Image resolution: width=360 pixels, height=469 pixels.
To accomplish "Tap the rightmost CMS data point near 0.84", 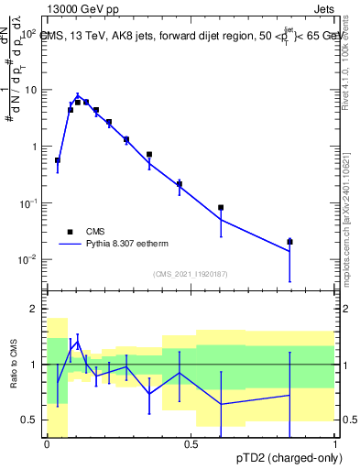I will (289, 242).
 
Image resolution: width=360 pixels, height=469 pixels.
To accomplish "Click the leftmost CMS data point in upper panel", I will (58, 160).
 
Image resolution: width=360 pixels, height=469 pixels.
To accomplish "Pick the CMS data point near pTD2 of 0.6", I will (221, 208).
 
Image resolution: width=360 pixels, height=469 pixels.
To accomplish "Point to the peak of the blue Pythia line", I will (78, 94).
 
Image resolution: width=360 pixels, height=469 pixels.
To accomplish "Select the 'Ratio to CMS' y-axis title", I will (15, 365).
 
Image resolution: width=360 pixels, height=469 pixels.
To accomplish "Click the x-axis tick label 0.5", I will (191, 444).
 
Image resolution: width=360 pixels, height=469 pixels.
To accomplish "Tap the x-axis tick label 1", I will (335, 444).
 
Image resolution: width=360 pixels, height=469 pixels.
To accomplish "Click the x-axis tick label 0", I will (47, 444).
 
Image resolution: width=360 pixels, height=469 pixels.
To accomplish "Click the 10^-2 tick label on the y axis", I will (27, 260).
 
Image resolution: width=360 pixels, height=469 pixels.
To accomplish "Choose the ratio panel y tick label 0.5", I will (30, 420).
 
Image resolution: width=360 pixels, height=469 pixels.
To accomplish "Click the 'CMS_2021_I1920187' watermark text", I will (191, 274).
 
